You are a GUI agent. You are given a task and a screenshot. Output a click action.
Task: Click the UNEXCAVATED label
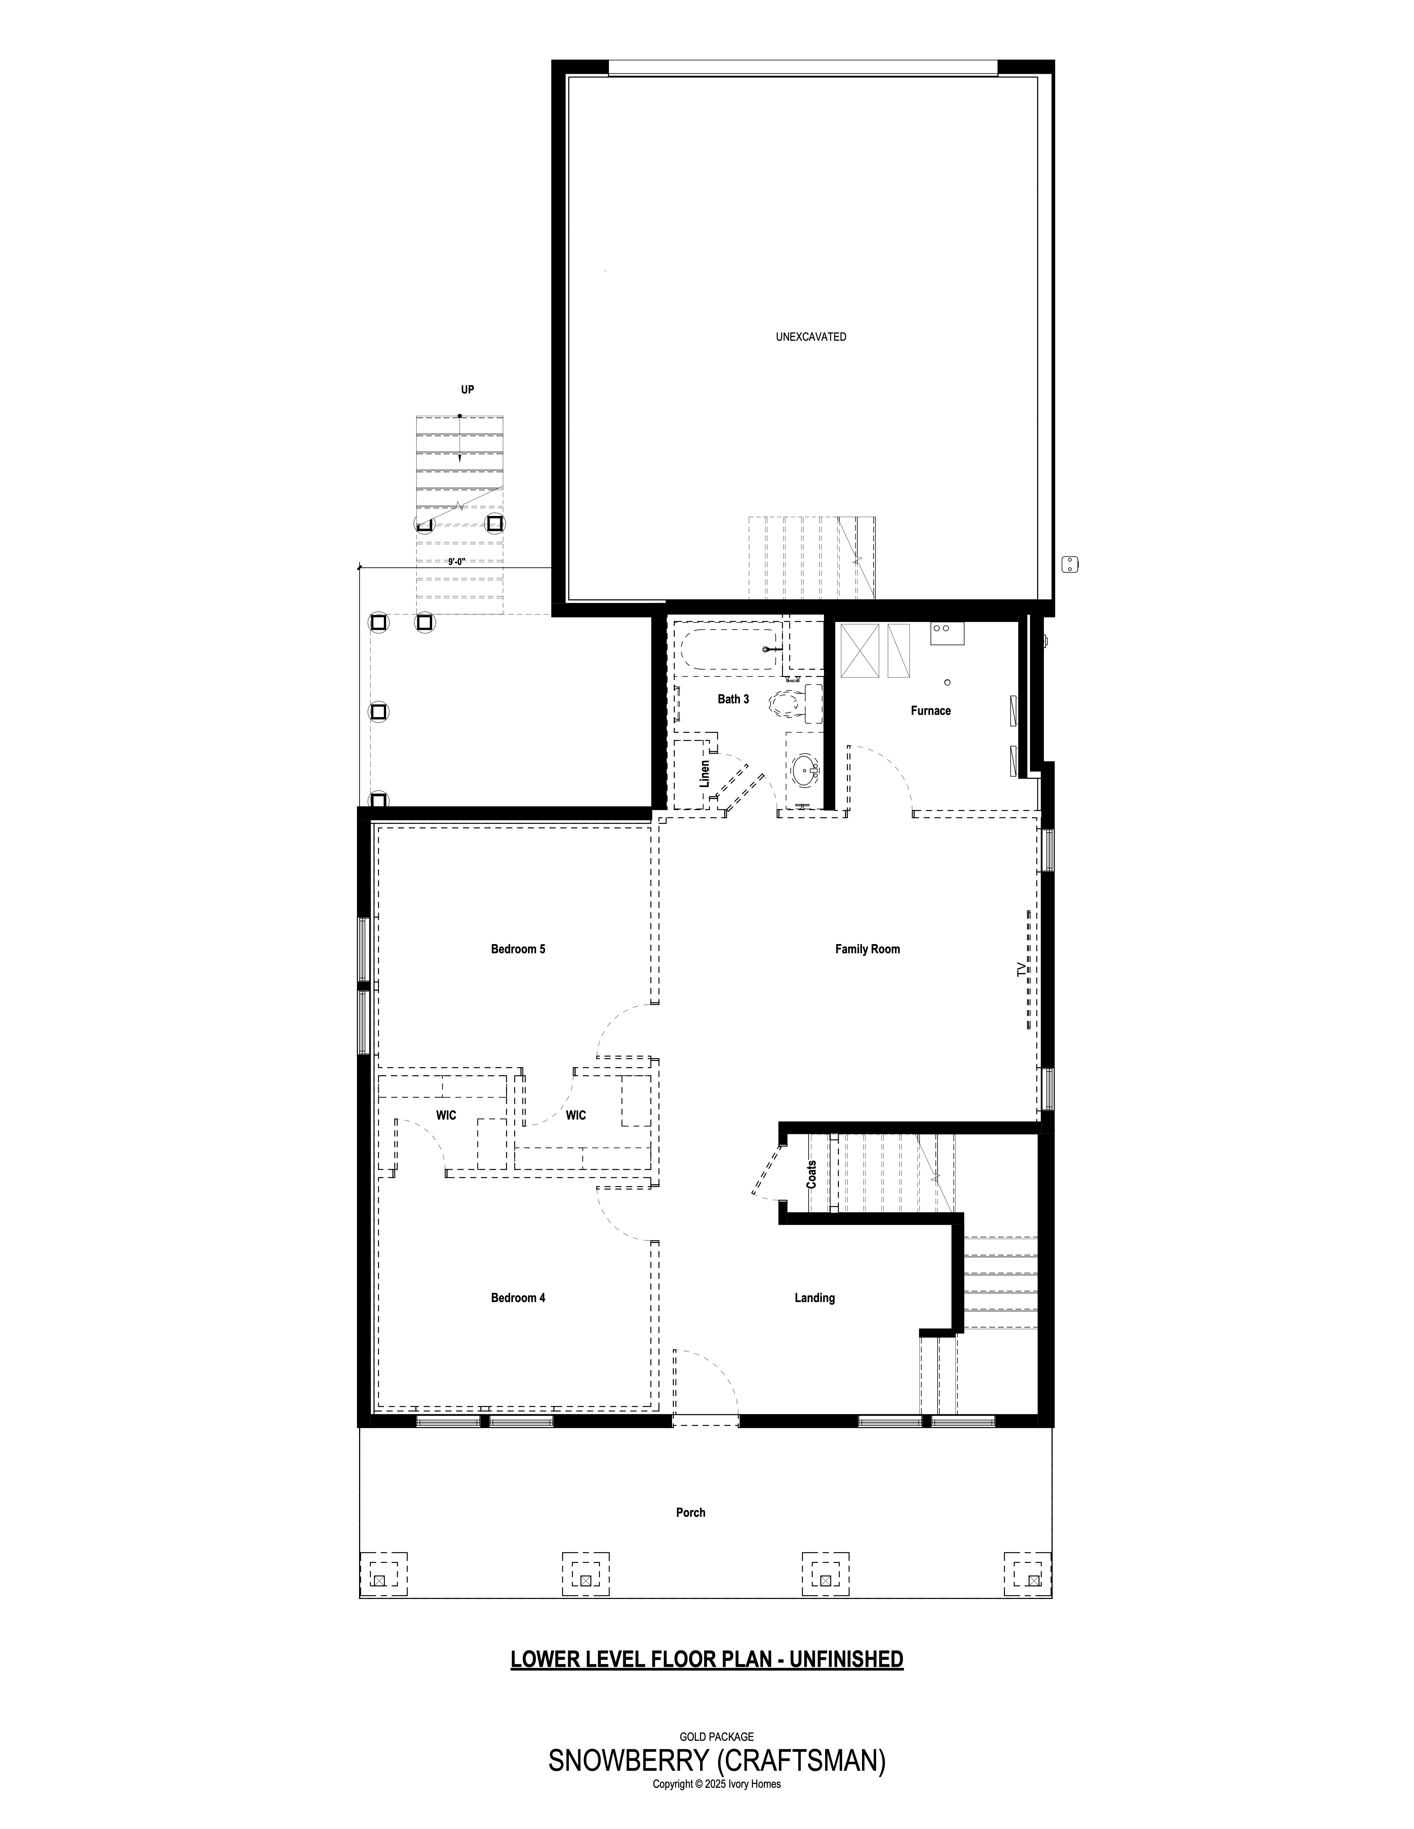pyautogui.click(x=811, y=337)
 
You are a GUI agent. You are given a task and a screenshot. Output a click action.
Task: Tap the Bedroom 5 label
pyautogui.click(x=518, y=949)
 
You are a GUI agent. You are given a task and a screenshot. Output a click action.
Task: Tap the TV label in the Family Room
pyautogui.click(x=1020, y=970)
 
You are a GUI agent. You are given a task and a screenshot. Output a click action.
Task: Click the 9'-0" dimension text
pyautogui.click(x=457, y=561)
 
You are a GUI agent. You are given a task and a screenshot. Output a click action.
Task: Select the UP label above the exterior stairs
pyautogui.click(x=467, y=389)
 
